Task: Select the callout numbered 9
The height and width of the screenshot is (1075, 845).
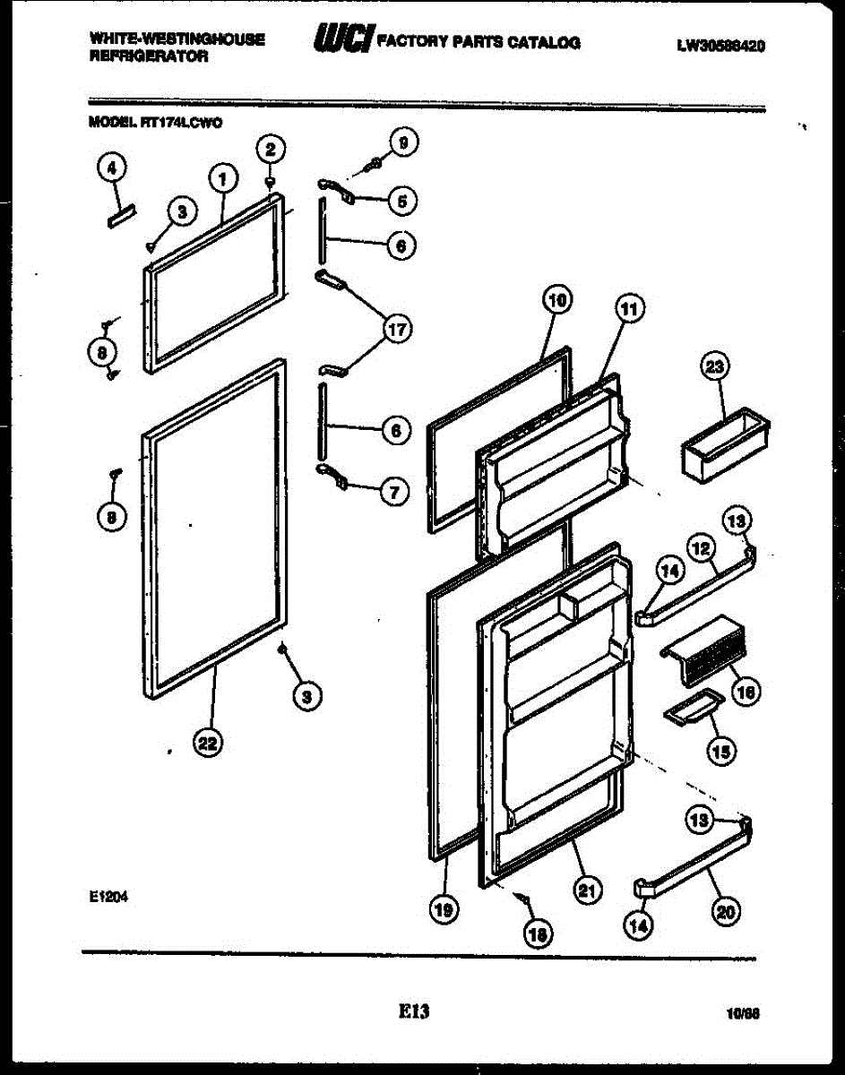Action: tap(404, 142)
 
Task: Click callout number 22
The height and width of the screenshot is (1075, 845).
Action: tap(209, 743)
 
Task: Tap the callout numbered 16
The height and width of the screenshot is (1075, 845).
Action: tap(745, 691)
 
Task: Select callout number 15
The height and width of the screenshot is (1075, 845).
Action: tap(719, 752)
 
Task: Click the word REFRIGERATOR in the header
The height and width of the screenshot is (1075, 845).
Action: tap(149, 56)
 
